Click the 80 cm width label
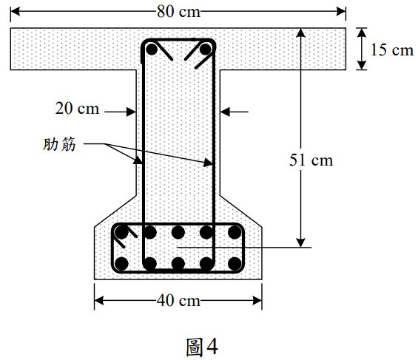178,10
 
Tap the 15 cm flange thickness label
391,50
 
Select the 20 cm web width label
77,109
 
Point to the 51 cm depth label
311,160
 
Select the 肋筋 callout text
59,145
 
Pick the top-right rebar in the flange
205,50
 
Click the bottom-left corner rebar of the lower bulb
122,262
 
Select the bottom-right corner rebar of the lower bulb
235,262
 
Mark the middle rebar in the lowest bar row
178,262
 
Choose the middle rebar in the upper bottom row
178,233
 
